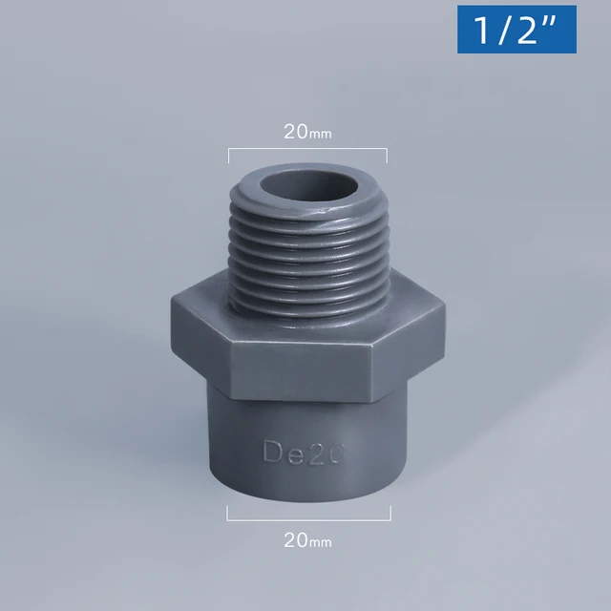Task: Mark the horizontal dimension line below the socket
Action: [308, 519]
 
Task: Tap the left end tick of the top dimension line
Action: [229, 155]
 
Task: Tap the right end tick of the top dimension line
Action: [387, 155]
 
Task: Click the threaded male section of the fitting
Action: [307, 258]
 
